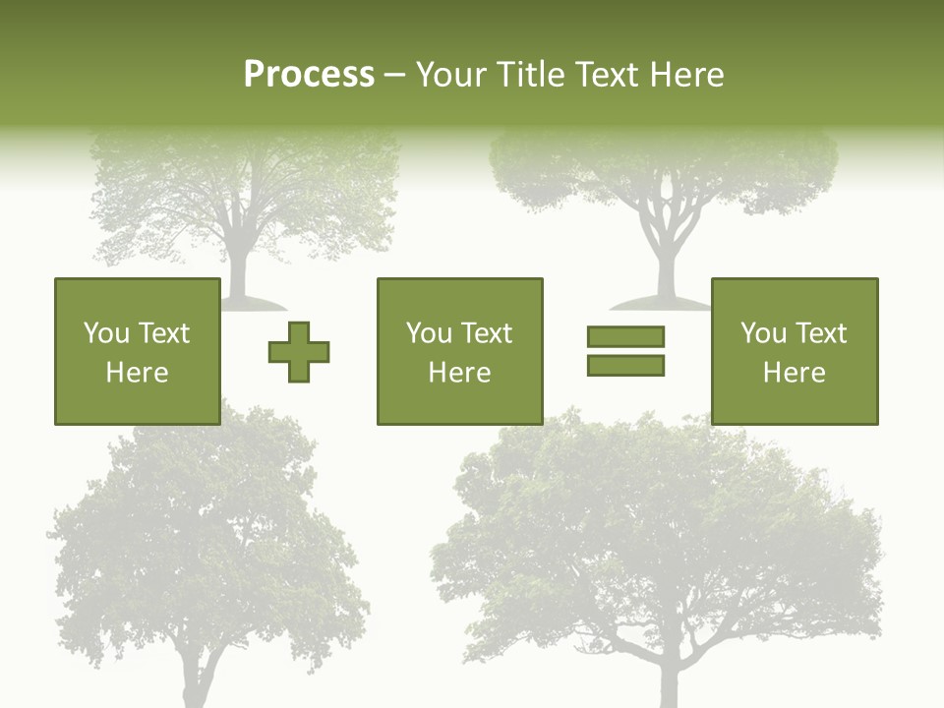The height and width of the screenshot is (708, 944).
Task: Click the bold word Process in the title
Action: tap(309, 74)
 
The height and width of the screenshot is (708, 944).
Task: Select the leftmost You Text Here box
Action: tap(138, 352)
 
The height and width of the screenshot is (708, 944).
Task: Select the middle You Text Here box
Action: tap(460, 352)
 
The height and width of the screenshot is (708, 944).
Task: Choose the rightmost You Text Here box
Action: tap(795, 352)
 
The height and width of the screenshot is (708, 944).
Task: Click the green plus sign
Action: tap(299, 352)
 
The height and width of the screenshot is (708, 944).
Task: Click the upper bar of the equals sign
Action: tap(625, 336)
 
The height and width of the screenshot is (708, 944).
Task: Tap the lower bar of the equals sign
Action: tap(625, 366)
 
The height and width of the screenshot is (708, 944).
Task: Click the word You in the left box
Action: tap(106, 333)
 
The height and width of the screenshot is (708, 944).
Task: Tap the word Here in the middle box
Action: tap(460, 373)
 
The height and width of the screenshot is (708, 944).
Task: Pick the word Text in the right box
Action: tap(820, 333)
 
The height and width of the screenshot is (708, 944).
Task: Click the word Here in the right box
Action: tap(795, 373)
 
